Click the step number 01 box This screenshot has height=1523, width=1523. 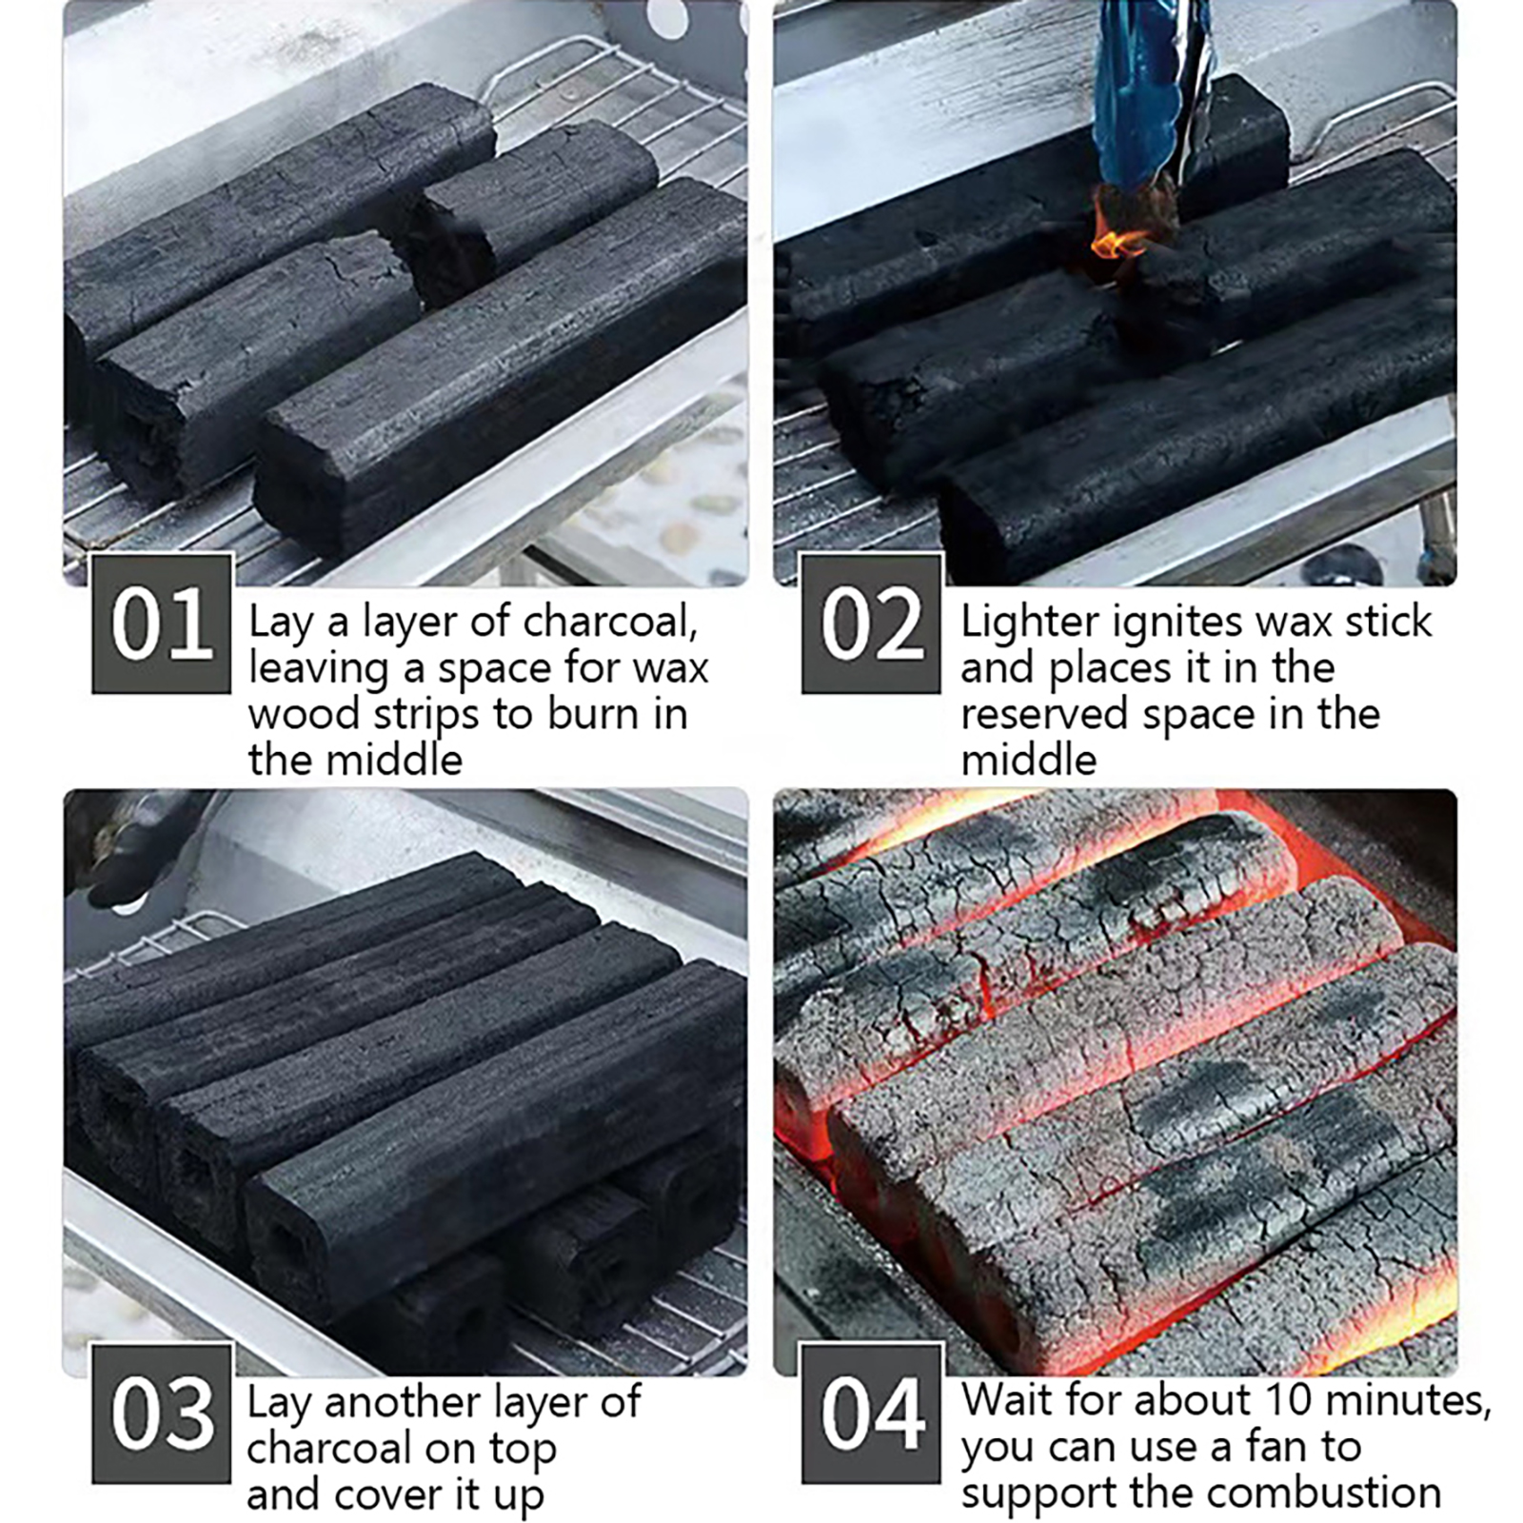[162, 623]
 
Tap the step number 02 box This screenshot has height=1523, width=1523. [871, 623]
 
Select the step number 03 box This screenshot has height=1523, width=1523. [162, 1414]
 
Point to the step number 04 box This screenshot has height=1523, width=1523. [871, 1414]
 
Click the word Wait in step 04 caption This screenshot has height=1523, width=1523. [1008, 1400]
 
